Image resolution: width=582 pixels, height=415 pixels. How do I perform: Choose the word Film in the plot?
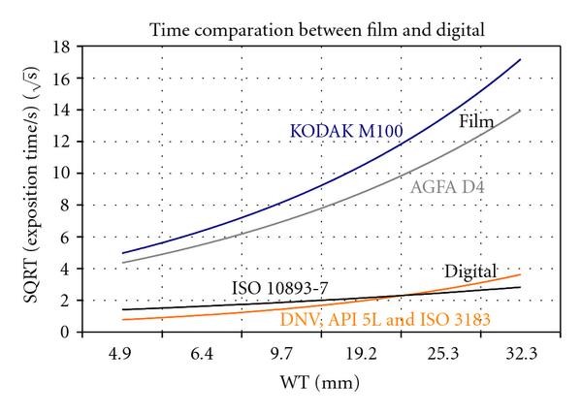[x=475, y=121]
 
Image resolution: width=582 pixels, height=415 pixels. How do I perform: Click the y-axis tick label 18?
[x=63, y=47]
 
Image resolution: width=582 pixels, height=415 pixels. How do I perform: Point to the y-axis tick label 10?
[x=63, y=174]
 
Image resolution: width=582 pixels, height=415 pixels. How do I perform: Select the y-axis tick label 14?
[x=63, y=111]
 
